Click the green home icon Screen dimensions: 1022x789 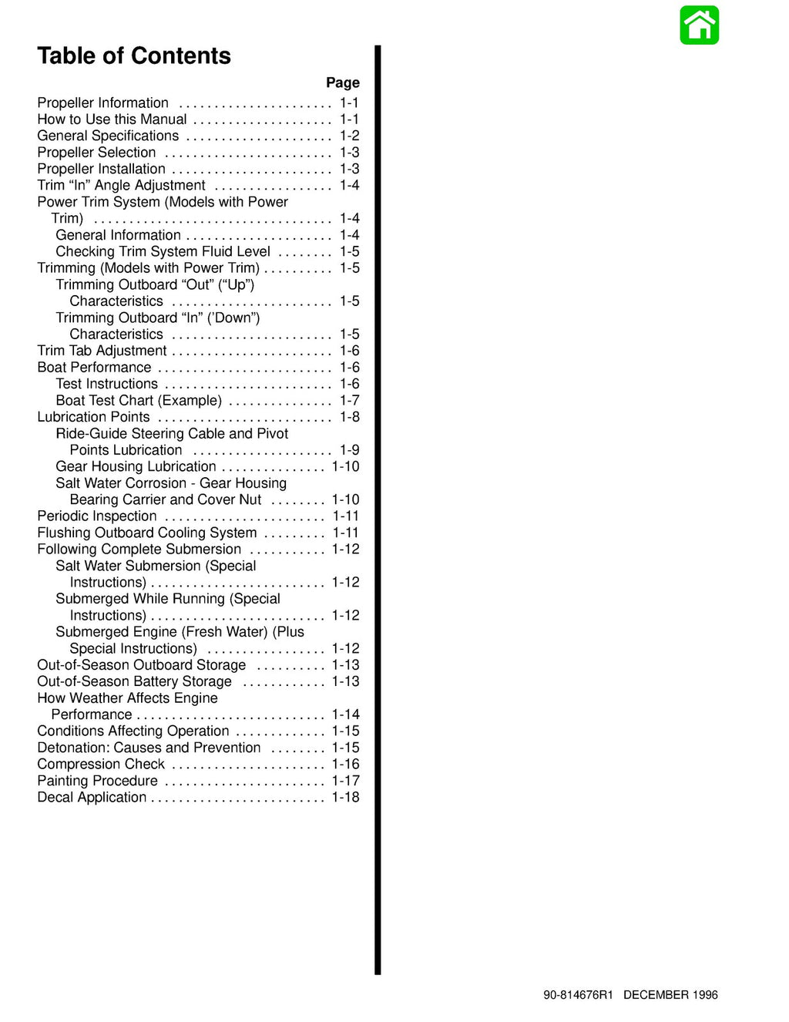click(699, 25)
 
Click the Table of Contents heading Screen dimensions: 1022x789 click(134, 56)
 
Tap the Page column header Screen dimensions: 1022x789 click(342, 82)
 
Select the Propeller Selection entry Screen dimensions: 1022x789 click(96, 153)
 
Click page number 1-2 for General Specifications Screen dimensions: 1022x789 click(349, 136)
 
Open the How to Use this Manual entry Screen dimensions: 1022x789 click(112, 119)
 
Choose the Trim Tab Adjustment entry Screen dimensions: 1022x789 click(102, 351)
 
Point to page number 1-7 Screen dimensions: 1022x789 click(349, 401)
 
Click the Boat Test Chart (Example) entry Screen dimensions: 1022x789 click(139, 401)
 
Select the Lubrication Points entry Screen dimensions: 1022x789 click(93, 417)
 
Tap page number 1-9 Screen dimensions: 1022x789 click(349, 450)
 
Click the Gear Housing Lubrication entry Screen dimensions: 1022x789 click(136, 466)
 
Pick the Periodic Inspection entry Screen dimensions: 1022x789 click(97, 516)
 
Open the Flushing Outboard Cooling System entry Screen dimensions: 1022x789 click(147, 533)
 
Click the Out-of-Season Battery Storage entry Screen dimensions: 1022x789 click(134, 681)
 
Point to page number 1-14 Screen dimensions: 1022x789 click(345, 714)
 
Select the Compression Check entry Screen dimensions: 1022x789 click(101, 764)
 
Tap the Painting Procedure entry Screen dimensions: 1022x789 click(97, 781)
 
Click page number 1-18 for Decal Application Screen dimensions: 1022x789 click(345, 797)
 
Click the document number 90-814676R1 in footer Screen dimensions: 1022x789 click(578, 995)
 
